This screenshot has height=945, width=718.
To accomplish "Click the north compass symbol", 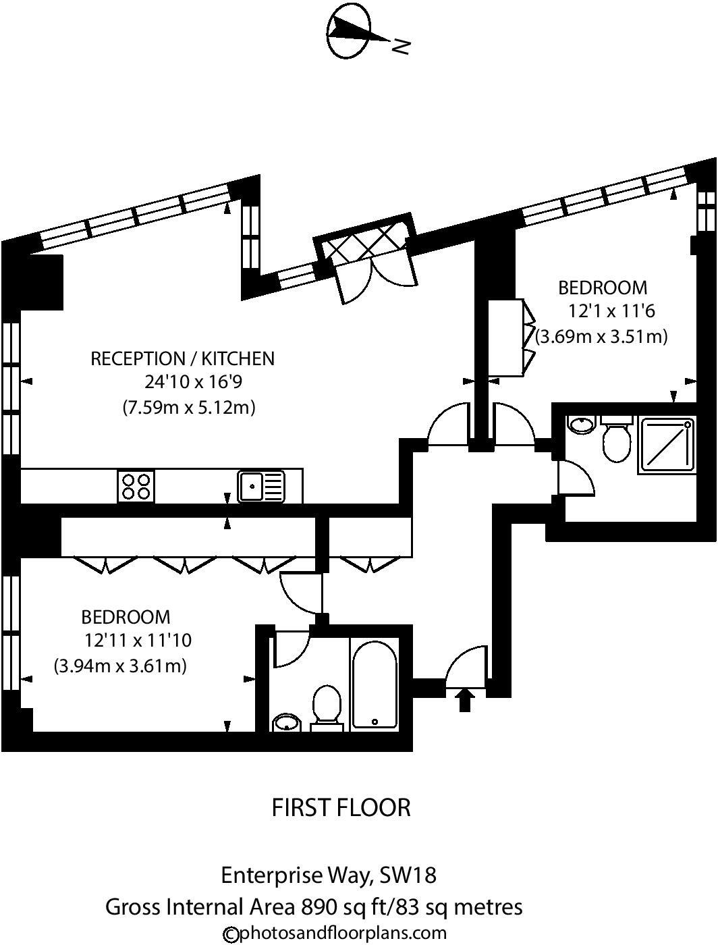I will (x=350, y=32).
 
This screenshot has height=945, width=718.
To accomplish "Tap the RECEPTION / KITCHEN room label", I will (x=183, y=358).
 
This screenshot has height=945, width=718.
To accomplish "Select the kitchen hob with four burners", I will (x=136, y=486).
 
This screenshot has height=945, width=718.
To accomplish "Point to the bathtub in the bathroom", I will (x=375, y=683).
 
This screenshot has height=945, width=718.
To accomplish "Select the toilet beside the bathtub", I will (x=327, y=707).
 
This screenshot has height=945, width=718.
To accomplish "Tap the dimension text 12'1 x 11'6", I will (x=612, y=311).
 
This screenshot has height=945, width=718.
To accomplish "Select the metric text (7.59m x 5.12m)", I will (x=189, y=408).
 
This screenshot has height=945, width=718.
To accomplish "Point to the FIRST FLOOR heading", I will (x=341, y=807).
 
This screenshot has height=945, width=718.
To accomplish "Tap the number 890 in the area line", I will (x=319, y=907).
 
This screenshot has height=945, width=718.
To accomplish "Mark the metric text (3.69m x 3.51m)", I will (x=602, y=335).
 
